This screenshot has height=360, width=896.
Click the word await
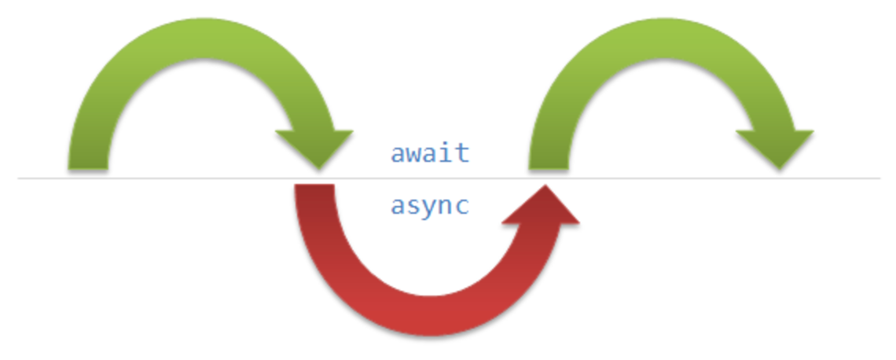tap(430, 152)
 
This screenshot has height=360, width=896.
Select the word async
tap(430, 207)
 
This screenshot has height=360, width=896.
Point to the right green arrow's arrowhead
tap(773, 146)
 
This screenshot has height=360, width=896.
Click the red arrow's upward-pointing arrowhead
tap(542, 208)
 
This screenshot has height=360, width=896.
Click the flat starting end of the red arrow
tap(314, 189)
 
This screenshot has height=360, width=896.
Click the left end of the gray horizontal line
tap(19, 178)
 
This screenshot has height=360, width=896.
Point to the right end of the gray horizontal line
tap(879, 178)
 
